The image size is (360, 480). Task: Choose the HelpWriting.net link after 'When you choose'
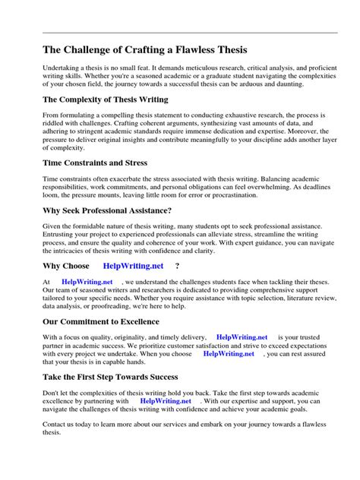point(229,353)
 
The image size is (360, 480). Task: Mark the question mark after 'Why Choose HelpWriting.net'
point(177,266)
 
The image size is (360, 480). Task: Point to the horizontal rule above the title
point(179,33)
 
